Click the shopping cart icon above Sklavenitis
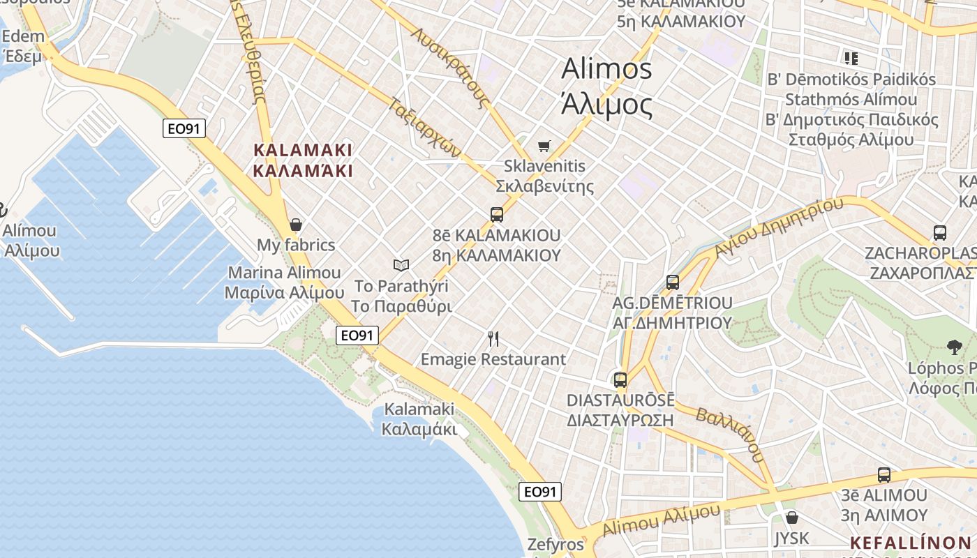click(x=544, y=146)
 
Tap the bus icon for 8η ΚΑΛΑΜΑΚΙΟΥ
click(x=497, y=215)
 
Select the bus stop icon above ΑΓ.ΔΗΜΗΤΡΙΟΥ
click(x=673, y=282)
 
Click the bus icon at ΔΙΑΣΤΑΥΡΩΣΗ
click(x=620, y=380)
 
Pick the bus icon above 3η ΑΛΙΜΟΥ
click(x=884, y=475)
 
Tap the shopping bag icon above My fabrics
click(x=296, y=225)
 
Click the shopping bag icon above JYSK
click(x=791, y=518)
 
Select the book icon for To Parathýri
click(x=401, y=265)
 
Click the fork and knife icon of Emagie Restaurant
click(x=493, y=339)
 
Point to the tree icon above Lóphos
click(x=954, y=347)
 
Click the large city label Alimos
click(x=606, y=69)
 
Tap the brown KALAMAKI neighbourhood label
click(x=303, y=150)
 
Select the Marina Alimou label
click(x=285, y=273)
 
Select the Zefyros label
click(x=555, y=545)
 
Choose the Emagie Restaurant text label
click(x=493, y=359)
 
